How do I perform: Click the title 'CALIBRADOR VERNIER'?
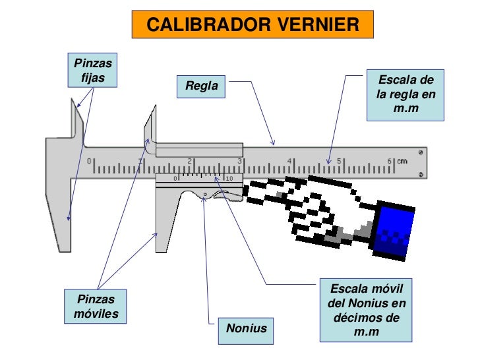(253, 25)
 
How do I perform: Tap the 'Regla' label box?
(201, 86)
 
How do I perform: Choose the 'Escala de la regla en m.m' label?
(405, 95)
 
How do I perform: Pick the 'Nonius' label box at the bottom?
(246, 328)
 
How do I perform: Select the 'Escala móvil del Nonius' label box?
(366, 310)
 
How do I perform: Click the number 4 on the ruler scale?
(289, 161)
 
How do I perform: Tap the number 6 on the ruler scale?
(389, 161)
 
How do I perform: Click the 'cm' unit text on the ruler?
(402, 161)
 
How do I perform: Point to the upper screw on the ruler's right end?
(421, 152)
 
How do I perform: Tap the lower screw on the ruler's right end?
(421, 175)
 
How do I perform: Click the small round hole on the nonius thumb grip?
(205, 195)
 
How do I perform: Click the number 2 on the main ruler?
(190, 161)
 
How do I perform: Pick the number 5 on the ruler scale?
(339, 161)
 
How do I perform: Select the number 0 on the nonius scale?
(175, 178)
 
